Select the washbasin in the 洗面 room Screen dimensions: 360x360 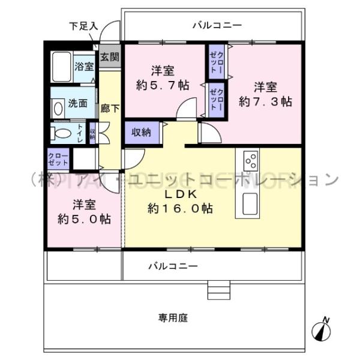pos(58,109)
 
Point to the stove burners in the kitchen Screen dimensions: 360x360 pos(251,161)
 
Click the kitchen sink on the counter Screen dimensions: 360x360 pos(251,203)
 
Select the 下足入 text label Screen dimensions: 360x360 pos(83,26)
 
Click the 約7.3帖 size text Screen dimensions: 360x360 pos(265,101)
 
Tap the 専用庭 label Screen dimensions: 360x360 pos(173,318)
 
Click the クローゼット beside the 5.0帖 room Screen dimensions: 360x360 pos(58,160)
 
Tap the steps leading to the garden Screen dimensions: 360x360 pos(218,290)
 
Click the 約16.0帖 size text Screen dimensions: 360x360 pos(179,209)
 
